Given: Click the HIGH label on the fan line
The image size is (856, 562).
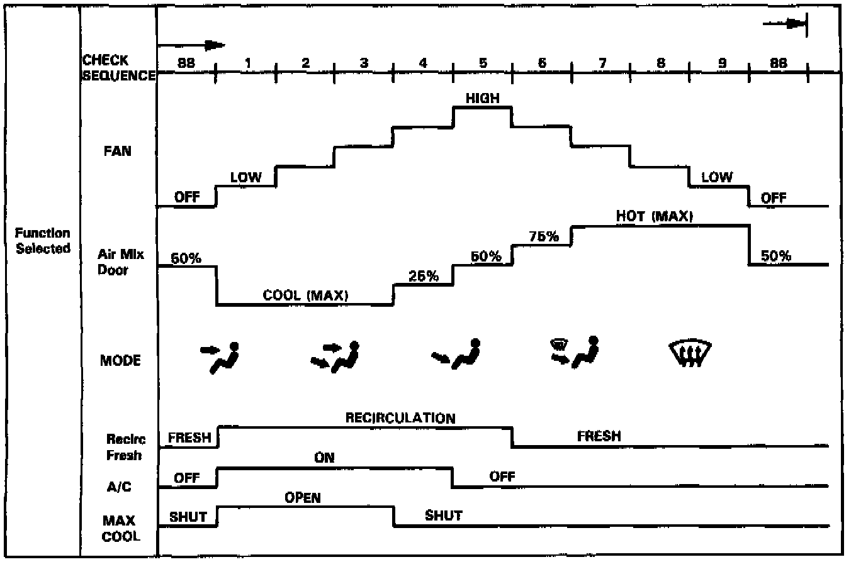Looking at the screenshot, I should (x=482, y=98).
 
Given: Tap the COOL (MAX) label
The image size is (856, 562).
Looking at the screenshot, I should (x=305, y=295).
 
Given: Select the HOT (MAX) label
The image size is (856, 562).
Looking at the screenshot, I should (x=654, y=216).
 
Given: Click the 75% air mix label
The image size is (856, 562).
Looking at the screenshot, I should (x=543, y=237).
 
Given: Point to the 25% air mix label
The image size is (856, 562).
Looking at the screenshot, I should (x=424, y=276).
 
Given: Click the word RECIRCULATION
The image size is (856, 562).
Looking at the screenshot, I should (x=400, y=418).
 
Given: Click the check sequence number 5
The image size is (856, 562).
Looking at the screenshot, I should (x=483, y=63).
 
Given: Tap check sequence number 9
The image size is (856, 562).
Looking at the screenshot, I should (x=722, y=63).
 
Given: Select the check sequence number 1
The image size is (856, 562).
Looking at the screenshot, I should (x=247, y=63).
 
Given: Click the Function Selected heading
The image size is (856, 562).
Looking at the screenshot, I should (x=43, y=241).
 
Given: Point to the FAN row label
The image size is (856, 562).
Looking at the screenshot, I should (x=117, y=151).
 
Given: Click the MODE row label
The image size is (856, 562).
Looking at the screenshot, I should (x=120, y=361).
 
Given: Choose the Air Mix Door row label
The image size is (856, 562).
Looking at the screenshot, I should (x=113, y=262).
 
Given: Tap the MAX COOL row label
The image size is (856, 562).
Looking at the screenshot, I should (x=120, y=529).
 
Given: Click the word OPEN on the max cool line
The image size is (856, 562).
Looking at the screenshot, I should (x=303, y=498).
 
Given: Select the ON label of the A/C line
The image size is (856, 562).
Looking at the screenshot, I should (x=324, y=458).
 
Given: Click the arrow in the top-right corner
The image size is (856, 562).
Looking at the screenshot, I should (x=786, y=24).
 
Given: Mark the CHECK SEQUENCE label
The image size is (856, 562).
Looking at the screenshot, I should (x=119, y=68).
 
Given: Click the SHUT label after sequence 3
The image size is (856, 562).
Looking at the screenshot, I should (x=443, y=516).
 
